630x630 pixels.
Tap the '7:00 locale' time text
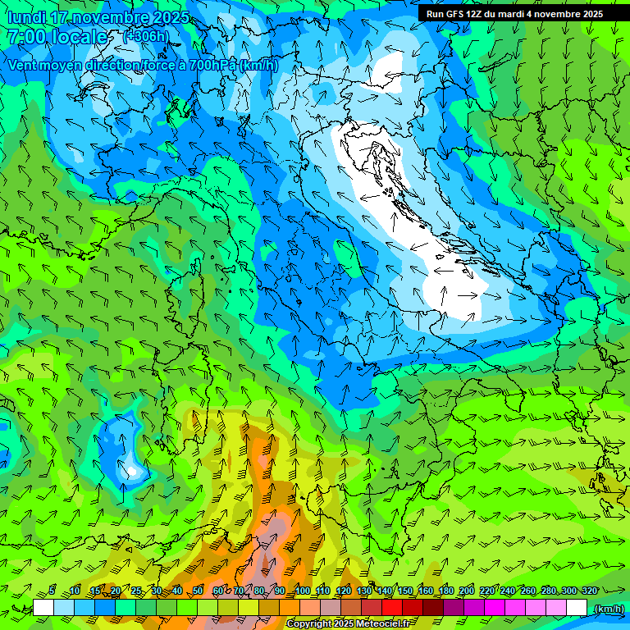(x=57, y=37)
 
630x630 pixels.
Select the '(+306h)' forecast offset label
(x=146, y=37)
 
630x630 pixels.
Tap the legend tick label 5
(x=52, y=591)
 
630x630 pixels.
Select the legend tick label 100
(x=303, y=591)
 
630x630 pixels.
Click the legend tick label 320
(x=588, y=591)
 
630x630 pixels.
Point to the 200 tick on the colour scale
(x=467, y=591)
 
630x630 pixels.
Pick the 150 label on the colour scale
(x=405, y=591)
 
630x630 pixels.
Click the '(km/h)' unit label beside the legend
(x=608, y=608)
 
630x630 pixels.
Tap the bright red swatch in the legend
(x=392, y=608)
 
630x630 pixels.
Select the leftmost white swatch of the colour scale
(x=43, y=608)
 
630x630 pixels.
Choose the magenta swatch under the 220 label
(x=495, y=608)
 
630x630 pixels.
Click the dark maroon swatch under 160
(x=433, y=608)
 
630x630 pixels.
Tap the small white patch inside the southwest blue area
(x=130, y=471)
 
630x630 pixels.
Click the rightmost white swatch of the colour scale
(x=577, y=608)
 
